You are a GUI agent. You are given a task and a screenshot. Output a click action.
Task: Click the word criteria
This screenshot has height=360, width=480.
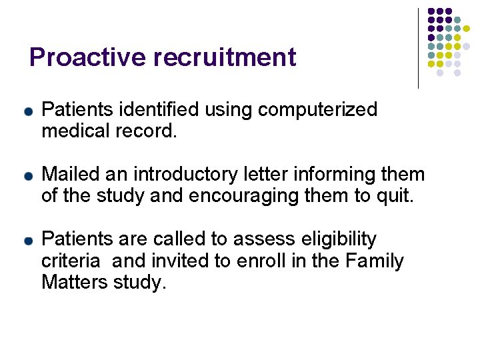click(x=68, y=261)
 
